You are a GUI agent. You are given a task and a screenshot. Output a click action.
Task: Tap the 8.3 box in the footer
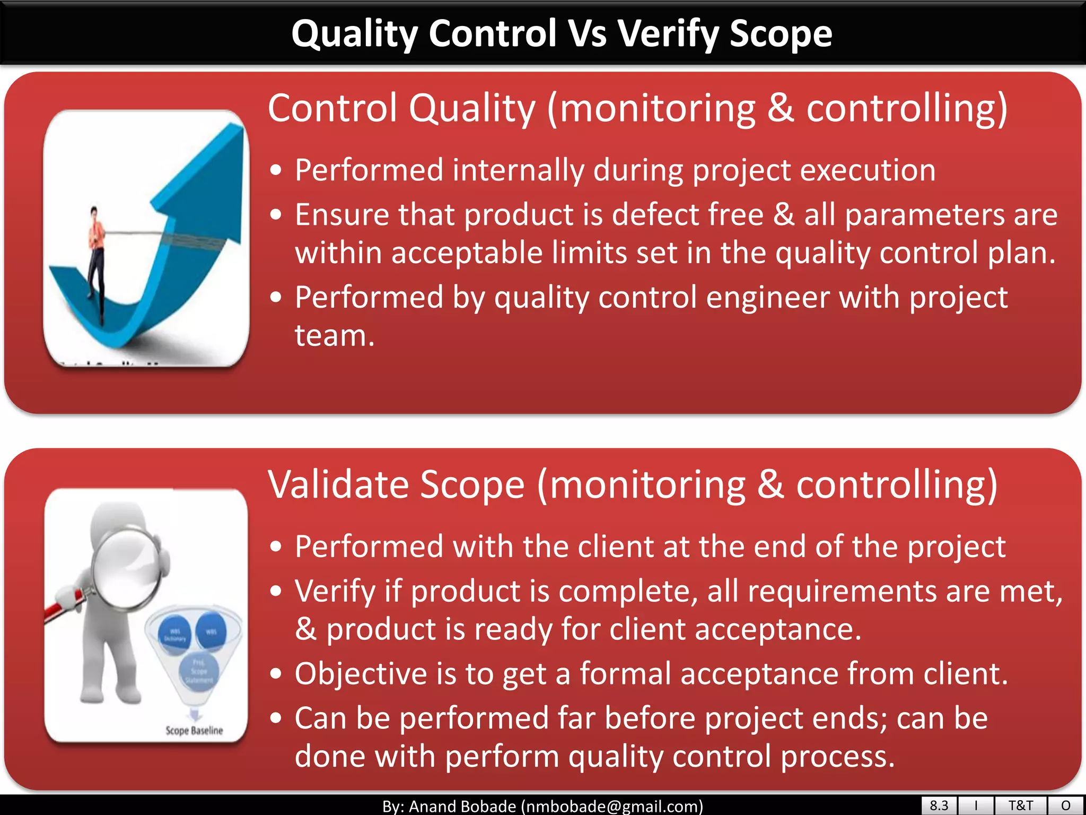point(939,805)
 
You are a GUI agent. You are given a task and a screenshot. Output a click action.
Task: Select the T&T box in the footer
point(1020,805)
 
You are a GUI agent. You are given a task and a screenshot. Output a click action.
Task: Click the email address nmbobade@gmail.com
point(612,807)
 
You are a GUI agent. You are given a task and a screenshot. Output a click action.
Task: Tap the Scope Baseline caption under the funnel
point(194,731)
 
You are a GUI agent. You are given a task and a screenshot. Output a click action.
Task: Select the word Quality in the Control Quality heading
point(472,109)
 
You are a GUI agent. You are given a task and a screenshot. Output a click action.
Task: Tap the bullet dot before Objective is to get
point(275,674)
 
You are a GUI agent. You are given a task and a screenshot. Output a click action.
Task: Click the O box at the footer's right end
point(1066,805)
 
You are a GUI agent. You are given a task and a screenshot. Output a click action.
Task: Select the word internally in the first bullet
point(518,170)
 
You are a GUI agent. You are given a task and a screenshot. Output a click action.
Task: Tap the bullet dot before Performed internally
point(275,171)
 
